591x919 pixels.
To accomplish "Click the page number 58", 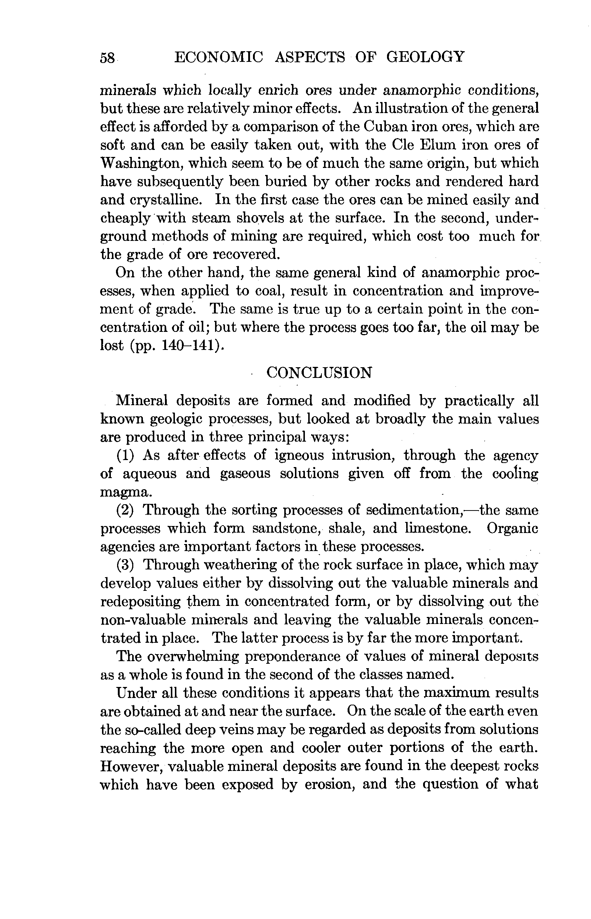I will tap(107, 58).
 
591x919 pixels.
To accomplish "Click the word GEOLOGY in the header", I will tap(425, 57).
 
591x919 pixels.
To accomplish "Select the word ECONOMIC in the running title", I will tap(219, 57).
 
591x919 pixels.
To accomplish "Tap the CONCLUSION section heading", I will tap(319, 373).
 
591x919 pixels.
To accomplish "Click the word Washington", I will tap(138, 163).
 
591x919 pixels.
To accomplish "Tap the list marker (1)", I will tap(125, 456).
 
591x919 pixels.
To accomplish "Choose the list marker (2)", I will tap(125, 511).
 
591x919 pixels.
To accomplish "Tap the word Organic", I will tap(512, 529).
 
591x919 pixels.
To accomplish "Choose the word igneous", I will tap(299, 456).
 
